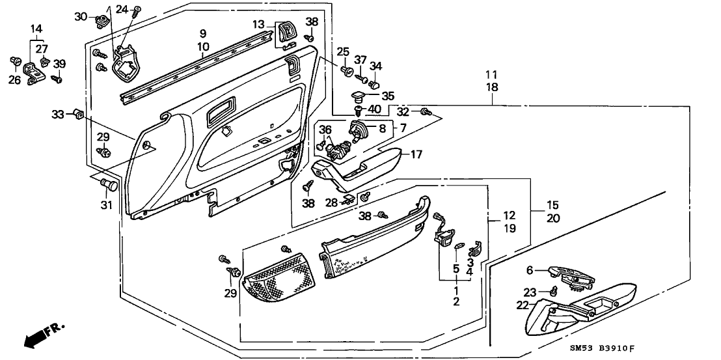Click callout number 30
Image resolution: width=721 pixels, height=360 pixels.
tap(79, 16)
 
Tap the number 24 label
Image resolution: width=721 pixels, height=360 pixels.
tap(122, 9)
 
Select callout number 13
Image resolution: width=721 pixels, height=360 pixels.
tap(259, 25)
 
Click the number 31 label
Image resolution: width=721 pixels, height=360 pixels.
tap(106, 206)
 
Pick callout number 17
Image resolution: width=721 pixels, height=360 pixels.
tap(416, 154)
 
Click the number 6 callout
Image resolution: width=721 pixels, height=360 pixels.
tap(530, 270)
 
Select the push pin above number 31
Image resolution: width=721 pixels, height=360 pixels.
tap(110, 186)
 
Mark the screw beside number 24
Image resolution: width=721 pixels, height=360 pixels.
tap(137, 10)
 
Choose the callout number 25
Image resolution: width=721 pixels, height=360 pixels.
tap(342, 51)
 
